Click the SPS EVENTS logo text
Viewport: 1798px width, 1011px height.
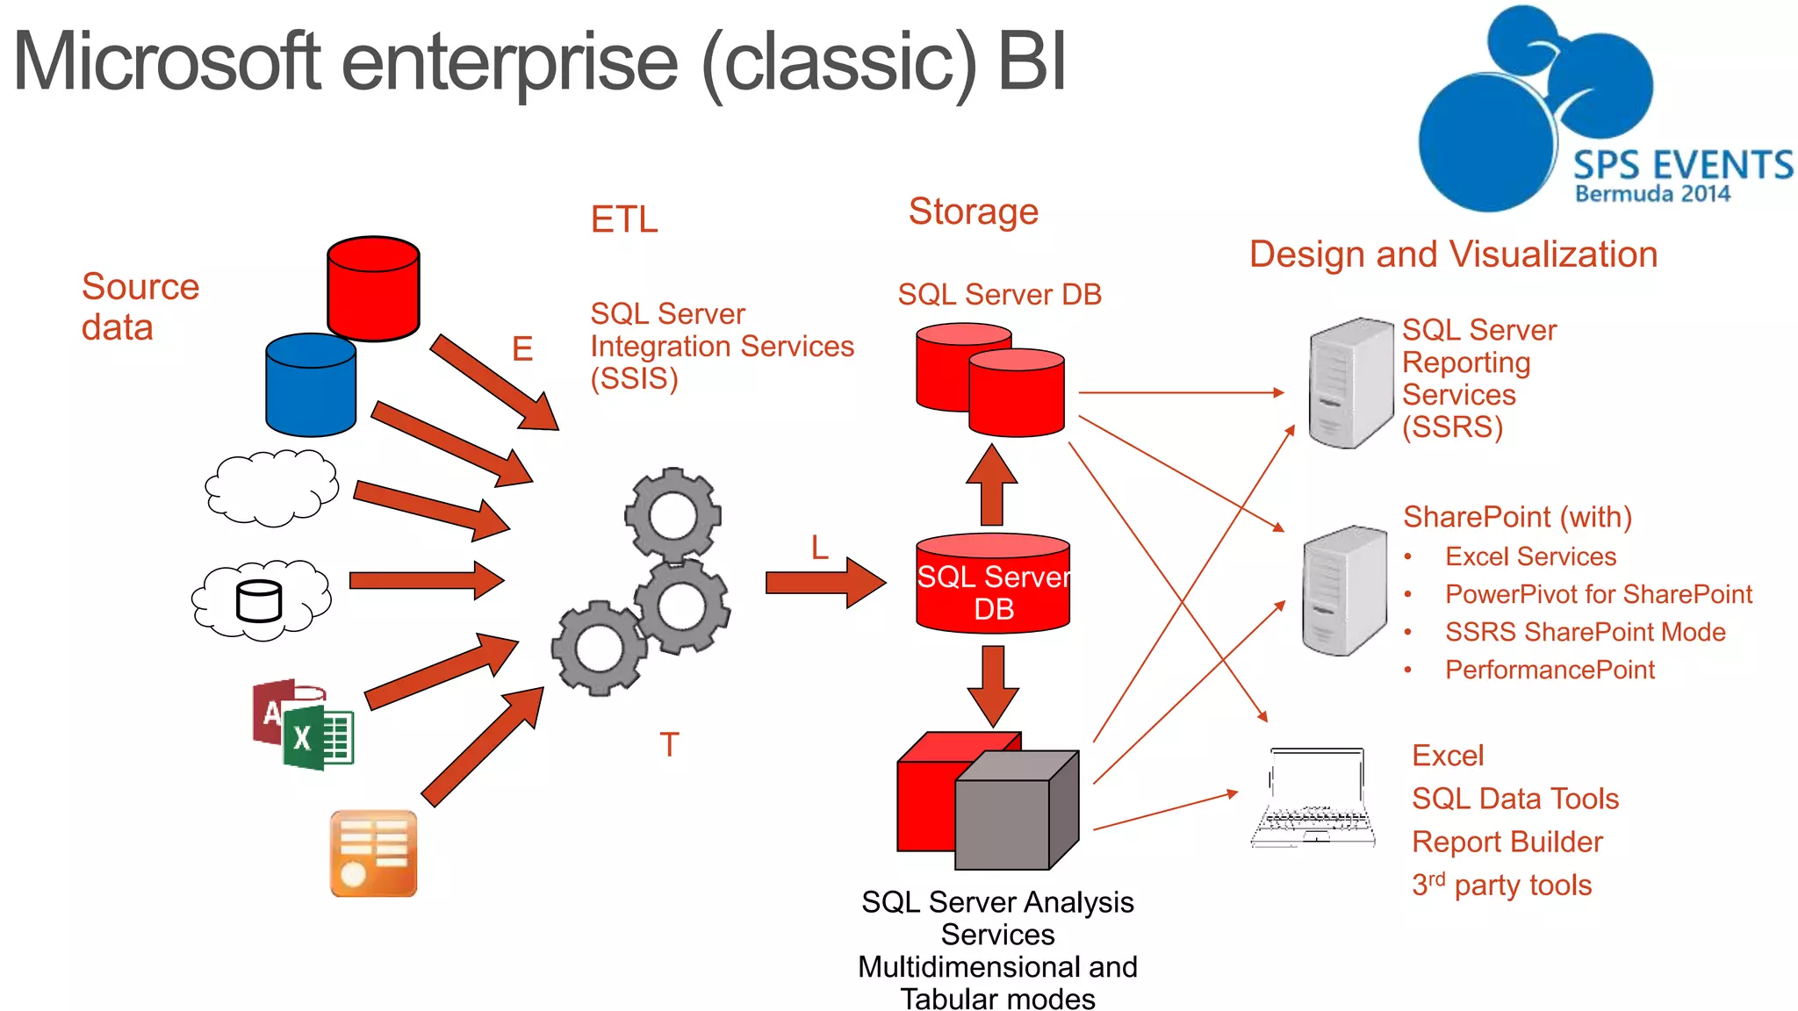1681,166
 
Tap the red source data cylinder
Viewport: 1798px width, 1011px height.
373,289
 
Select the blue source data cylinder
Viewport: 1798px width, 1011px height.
311,385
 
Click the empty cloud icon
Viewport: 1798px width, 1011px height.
271,488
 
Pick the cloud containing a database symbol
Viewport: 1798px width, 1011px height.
261,600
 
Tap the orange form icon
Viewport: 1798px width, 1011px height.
373,853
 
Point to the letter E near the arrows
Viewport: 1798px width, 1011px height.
522,349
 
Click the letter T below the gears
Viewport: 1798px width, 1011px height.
669,745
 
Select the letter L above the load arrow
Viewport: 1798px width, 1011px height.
819,548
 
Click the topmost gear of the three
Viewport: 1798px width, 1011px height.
672,515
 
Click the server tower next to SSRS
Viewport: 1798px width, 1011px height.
1349,384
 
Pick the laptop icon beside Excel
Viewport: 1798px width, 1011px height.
1313,798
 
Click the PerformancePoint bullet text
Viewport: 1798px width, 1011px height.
1549,670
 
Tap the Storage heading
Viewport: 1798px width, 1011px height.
973,212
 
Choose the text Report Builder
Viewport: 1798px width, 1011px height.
1507,842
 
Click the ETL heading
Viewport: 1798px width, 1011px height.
623,219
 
